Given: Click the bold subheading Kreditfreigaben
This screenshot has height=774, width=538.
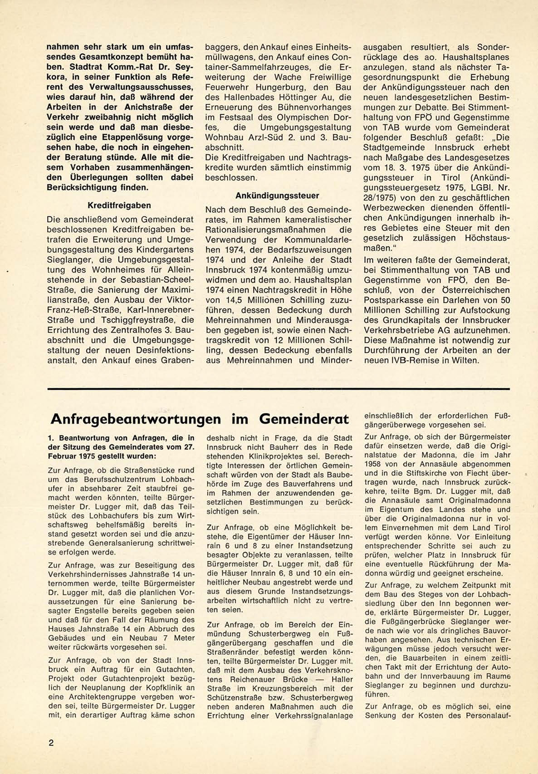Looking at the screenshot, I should [x=119, y=206].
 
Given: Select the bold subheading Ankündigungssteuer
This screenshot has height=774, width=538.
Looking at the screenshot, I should [x=277, y=196].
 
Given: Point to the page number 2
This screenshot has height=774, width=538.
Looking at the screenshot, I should [x=51, y=743].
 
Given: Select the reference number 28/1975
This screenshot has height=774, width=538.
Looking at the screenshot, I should [x=380, y=198].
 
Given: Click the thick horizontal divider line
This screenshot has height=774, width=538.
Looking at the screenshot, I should [x=278, y=389].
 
